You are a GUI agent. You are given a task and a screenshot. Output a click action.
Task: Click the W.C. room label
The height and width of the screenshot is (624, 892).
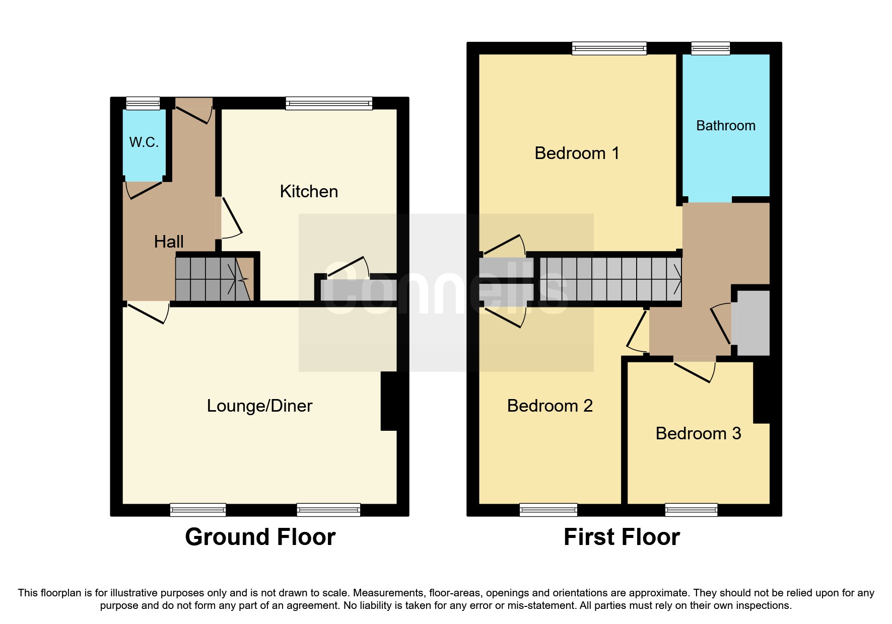pyautogui.click(x=144, y=142)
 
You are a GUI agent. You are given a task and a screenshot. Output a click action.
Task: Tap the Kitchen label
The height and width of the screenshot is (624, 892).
pyautogui.click(x=309, y=192)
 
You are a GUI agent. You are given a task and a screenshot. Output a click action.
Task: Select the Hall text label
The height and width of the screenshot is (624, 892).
pyautogui.click(x=169, y=242)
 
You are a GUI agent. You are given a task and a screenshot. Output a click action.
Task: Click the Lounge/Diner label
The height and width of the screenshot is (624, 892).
pyautogui.click(x=259, y=406)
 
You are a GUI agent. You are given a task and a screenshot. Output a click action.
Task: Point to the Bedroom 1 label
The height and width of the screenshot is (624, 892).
pyautogui.click(x=577, y=153)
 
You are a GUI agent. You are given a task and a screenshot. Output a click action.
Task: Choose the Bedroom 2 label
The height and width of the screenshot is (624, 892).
pyautogui.click(x=550, y=406)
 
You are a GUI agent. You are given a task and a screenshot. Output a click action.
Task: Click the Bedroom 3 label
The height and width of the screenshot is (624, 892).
pyautogui.click(x=698, y=434)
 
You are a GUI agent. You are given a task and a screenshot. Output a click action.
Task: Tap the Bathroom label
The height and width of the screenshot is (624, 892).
pyautogui.click(x=725, y=126)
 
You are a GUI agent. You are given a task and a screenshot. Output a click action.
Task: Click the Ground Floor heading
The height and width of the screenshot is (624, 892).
pyautogui.click(x=260, y=537)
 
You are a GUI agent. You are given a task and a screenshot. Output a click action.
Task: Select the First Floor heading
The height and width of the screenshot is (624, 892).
pyautogui.click(x=622, y=537)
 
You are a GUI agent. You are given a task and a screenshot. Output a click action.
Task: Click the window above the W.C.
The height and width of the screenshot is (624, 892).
pyautogui.click(x=143, y=103)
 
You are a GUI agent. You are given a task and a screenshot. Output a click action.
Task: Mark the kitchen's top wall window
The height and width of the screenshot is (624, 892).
pyautogui.click(x=329, y=103)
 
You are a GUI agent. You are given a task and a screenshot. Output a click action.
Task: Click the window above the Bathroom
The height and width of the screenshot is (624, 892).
pyautogui.click(x=711, y=48)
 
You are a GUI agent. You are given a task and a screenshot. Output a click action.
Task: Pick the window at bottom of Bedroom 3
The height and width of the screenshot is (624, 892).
pyautogui.click(x=691, y=510)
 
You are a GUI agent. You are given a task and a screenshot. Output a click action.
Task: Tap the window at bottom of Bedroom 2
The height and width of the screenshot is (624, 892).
pyautogui.click(x=548, y=510)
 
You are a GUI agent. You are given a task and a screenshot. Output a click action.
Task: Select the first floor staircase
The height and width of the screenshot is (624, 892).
pyautogui.click(x=609, y=279)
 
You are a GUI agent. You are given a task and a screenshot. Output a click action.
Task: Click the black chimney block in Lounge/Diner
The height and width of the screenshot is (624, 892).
pyautogui.click(x=389, y=401)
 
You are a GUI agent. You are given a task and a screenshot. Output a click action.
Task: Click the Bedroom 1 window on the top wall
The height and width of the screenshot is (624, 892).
pyautogui.click(x=609, y=48)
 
